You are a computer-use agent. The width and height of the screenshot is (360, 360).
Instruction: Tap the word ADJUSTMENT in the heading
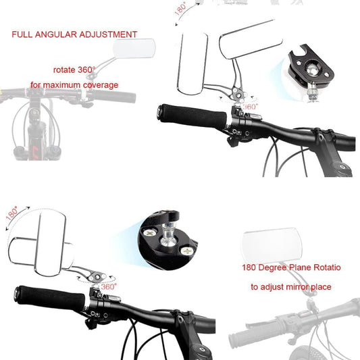pyautogui.click(x=108, y=34)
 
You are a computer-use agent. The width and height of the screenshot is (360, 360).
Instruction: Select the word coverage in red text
pyautogui.click(x=101, y=85)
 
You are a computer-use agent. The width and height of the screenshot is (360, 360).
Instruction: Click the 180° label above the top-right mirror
pyautogui.click(x=181, y=9)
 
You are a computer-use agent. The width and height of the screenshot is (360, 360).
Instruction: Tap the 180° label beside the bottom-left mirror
pyautogui.click(x=12, y=213)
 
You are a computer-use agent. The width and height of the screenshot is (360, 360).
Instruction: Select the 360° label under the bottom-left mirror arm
pyautogui.click(x=109, y=286)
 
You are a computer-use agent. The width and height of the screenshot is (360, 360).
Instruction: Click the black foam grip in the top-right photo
pyautogui.click(x=192, y=117)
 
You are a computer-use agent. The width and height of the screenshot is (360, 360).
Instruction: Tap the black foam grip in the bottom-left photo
pyautogui.click(x=50, y=298)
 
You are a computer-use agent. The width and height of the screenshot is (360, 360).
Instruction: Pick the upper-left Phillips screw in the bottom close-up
pyautogui.click(x=149, y=233)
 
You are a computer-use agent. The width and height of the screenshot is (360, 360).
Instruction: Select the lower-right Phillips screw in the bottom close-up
pyautogui.click(x=187, y=251)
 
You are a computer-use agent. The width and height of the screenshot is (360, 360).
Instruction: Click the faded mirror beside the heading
pyautogui.click(x=134, y=48)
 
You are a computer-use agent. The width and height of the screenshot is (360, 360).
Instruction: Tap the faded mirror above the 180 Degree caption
pyautogui.click(x=272, y=242)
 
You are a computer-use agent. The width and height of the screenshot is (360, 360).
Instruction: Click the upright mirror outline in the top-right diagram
pyautogui.click(x=192, y=63)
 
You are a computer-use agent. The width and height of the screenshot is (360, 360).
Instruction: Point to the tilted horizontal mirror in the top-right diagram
pyautogui.click(x=251, y=39)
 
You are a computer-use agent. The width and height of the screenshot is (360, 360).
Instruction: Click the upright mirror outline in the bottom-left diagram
pyautogui.click(x=51, y=244)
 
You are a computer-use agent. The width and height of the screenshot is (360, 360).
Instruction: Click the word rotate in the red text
pyautogui.click(x=64, y=70)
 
